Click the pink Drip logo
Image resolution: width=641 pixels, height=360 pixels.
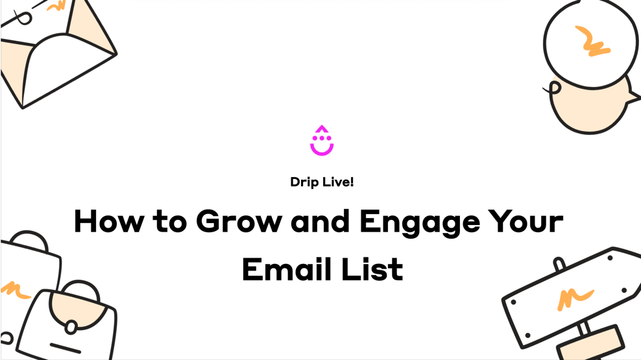coord(322,141)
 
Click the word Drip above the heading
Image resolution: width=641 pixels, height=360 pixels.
coord(304,182)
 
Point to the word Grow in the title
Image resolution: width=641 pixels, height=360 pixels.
coord(239,221)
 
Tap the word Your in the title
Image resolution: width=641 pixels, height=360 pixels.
coord(526,221)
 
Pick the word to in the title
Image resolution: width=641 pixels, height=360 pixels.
coord(170,222)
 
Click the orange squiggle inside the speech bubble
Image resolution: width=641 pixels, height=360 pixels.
coord(592,41)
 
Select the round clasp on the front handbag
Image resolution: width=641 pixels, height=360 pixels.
coord(71,328)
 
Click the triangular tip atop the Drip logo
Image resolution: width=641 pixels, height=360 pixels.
coord(322,129)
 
